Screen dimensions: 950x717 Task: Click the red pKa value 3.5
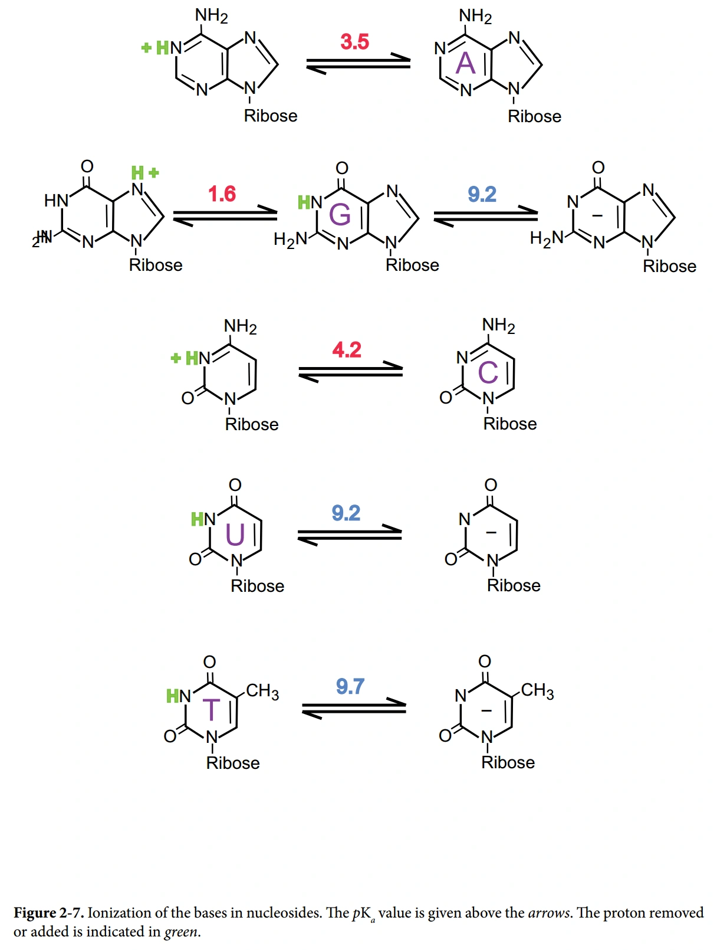354,42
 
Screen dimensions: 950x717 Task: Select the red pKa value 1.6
222,194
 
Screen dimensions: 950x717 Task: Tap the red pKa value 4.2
347,350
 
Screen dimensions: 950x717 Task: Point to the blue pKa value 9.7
350,686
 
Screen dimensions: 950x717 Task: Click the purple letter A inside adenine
466,63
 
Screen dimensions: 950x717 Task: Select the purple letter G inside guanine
340,214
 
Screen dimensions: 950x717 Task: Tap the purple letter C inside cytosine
488,372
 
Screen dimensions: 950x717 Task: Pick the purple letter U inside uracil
235,535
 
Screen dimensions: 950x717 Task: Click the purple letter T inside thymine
211,710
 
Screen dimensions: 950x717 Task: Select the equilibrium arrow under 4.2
350,372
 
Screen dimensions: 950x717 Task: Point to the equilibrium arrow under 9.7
354,708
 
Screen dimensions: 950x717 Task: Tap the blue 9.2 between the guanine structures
482,194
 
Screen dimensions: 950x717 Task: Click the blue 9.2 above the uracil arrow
346,513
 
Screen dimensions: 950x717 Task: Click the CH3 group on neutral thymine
262,691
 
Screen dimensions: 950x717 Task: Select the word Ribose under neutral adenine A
534,116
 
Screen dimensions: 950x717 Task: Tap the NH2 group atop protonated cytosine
240,326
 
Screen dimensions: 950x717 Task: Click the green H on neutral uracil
197,519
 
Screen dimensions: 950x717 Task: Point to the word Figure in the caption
35,913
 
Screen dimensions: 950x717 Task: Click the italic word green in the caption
181,932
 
